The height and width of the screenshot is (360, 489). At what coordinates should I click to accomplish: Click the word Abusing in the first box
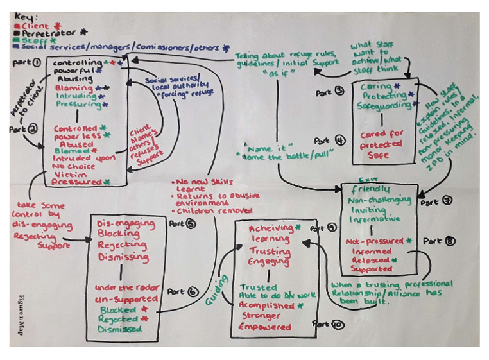71,79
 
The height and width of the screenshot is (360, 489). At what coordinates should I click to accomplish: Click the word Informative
375,219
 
